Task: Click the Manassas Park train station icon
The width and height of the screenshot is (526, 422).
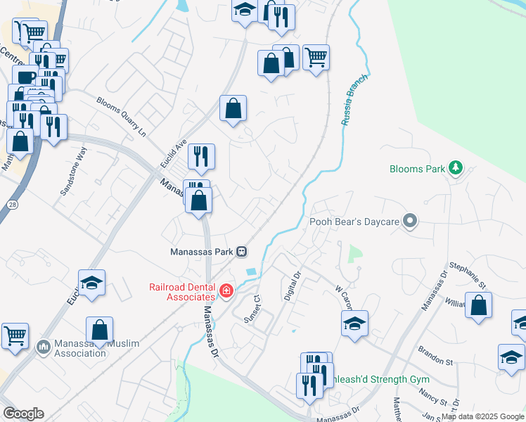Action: (241, 251)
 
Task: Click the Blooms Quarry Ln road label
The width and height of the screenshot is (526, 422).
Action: (121, 117)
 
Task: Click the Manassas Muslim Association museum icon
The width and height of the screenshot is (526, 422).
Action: (43, 347)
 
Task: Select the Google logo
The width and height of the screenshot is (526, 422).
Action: (23, 414)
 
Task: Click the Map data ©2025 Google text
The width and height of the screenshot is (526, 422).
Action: (482, 416)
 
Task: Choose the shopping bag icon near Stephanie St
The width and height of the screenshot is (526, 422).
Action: (478, 306)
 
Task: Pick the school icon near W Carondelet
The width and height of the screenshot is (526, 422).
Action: (354, 324)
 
